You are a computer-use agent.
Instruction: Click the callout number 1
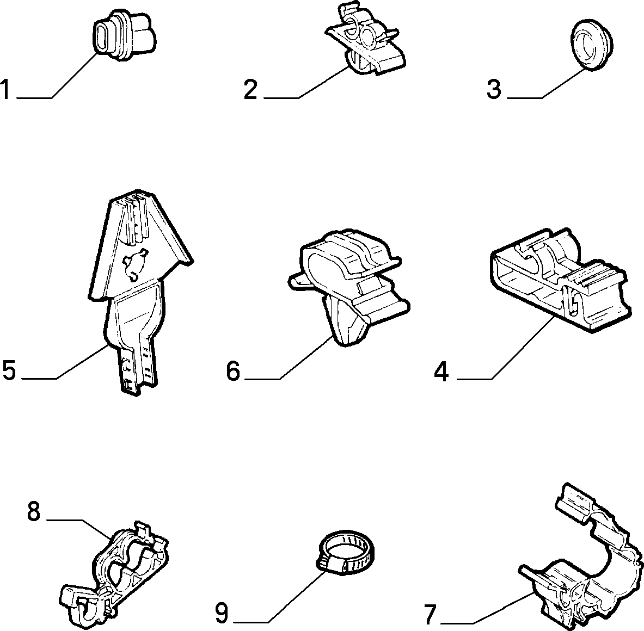point(5,90)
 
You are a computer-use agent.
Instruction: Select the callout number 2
point(250,90)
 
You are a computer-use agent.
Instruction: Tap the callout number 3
point(494,90)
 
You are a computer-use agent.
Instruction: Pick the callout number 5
point(9,370)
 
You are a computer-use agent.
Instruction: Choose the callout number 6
point(233,371)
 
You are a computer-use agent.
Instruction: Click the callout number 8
point(34,511)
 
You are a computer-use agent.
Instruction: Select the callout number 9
point(222,614)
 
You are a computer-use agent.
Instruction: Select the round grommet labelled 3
point(592,47)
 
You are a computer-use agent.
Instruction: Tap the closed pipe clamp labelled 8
point(115,570)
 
